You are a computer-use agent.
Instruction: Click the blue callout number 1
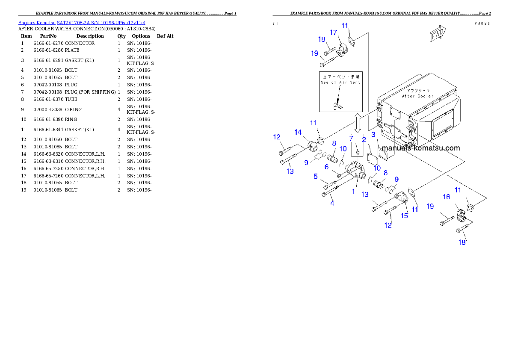353,192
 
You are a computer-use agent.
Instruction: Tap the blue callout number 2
364,139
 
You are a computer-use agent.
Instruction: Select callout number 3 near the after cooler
373,135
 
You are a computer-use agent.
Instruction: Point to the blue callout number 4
332,203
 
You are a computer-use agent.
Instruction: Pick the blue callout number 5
316,176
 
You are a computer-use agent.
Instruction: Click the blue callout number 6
326,167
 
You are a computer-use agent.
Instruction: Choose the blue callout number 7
351,139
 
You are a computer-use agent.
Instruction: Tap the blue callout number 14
298,132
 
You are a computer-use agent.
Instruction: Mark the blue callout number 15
404,215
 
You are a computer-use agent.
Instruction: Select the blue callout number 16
446,197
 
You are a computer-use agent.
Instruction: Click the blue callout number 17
334,32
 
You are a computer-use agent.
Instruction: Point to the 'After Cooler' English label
417,97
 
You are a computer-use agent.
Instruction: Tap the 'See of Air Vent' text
340,83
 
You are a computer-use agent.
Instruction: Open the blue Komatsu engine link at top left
82,23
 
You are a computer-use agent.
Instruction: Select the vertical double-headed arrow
358,123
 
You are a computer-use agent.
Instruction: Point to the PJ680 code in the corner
482,24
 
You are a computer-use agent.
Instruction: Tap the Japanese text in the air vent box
340,77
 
